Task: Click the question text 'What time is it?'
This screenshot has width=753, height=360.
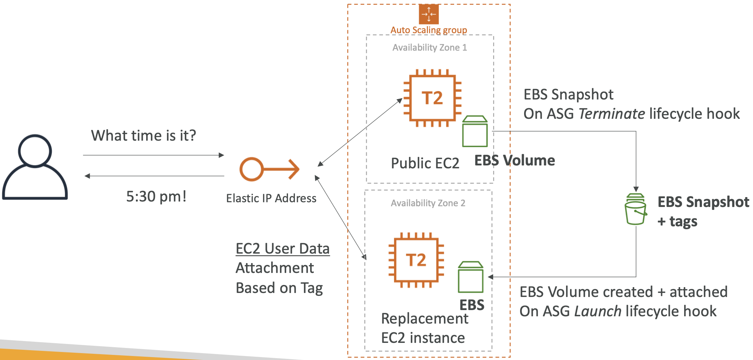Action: point(143,136)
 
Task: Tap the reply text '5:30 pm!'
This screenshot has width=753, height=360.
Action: point(156,197)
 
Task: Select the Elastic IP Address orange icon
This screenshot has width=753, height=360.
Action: point(269,169)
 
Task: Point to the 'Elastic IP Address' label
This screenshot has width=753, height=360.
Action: point(271,198)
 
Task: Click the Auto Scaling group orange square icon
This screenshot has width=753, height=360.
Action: point(429,14)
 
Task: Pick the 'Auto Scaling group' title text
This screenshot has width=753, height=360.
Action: point(429,30)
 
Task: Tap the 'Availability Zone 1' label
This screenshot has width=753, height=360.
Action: point(429,48)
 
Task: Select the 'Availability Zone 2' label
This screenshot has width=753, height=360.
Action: point(428,203)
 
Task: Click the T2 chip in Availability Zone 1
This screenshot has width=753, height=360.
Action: point(432,98)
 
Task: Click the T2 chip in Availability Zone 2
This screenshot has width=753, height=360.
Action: point(416,260)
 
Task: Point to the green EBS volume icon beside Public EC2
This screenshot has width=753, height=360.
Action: point(475,132)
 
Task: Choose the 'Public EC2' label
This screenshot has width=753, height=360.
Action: point(425,163)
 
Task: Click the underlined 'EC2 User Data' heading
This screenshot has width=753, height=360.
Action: point(282,249)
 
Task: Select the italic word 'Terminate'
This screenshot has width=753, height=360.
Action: point(612,114)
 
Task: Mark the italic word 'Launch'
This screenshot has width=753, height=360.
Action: point(598,312)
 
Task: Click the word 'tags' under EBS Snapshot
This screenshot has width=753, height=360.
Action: point(683,222)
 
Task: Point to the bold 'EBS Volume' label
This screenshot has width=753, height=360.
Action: point(514,161)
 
